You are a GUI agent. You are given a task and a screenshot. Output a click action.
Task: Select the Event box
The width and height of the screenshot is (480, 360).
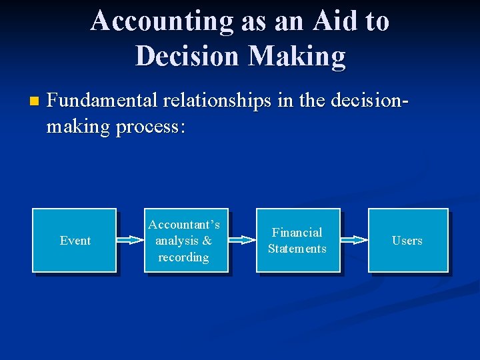tap(75, 240)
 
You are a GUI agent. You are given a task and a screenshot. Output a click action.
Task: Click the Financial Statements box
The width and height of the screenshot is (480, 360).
tap(298, 240)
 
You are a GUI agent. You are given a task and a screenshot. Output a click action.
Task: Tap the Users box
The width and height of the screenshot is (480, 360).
tap(408, 240)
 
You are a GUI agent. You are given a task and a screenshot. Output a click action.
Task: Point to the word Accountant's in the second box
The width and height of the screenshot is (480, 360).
tap(184, 225)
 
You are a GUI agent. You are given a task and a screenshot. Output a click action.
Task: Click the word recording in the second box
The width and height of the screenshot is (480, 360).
tap(183, 257)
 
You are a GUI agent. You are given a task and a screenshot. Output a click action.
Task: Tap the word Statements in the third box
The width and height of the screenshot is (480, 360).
tap(297, 249)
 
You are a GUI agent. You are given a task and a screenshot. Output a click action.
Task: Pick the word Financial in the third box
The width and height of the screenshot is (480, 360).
tap(297, 232)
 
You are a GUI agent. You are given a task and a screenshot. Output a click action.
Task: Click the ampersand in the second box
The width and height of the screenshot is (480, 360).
tap(207, 241)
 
